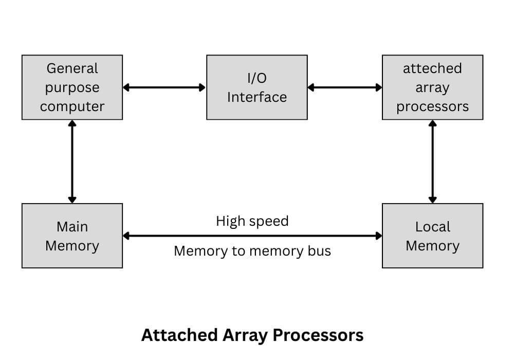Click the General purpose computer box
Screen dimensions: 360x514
(72, 87)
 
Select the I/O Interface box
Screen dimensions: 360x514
(257, 87)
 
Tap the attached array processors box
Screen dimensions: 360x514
(432, 87)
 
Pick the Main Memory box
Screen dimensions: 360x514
(72, 236)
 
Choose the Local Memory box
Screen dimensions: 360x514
(432, 236)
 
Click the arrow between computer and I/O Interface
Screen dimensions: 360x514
(164, 87)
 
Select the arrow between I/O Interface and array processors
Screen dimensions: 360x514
(344, 87)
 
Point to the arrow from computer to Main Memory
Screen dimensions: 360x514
(72, 161)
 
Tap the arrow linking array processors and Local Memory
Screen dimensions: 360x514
(432, 161)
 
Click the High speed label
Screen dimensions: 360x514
(252, 221)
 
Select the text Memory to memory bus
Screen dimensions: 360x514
(252, 251)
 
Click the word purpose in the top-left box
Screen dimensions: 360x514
(72, 87)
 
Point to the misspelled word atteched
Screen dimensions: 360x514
(432, 68)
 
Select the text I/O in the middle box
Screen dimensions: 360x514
(257, 78)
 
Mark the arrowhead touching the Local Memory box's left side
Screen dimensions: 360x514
(379, 236)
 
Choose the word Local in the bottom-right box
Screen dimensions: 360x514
(432, 226)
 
